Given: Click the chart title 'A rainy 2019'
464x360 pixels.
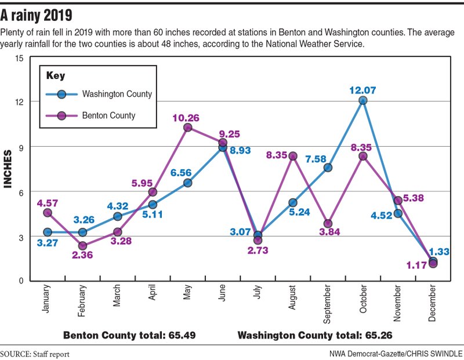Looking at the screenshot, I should [x=40, y=13].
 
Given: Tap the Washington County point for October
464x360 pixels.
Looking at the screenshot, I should [x=363, y=100].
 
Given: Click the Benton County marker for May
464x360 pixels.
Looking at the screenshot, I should [x=187, y=128].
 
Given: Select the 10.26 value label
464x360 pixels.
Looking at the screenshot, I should [x=187, y=117].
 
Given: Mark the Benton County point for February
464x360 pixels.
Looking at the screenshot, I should [x=82, y=246].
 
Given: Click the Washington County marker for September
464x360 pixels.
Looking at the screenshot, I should [x=328, y=168].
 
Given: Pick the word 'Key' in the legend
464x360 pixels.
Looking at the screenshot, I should [x=56, y=75].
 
